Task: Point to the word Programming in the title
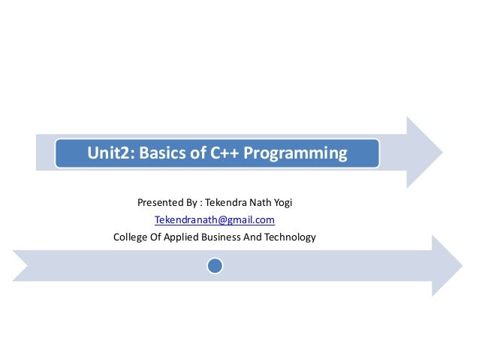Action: (x=300, y=154)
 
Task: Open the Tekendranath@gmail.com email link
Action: (x=214, y=220)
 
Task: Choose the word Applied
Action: (x=181, y=238)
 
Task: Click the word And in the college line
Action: (x=255, y=238)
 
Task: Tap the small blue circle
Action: (x=215, y=266)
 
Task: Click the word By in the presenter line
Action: (x=193, y=202)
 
